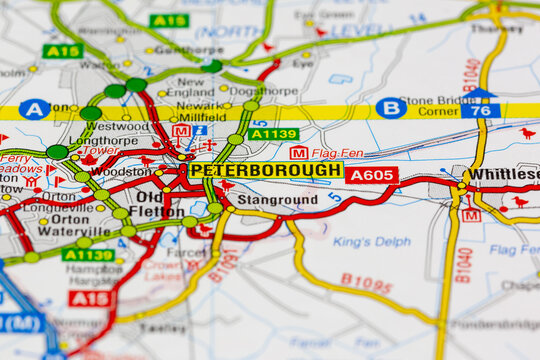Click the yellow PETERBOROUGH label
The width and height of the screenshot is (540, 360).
coord(265,171)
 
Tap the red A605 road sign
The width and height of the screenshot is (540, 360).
coord(372,175)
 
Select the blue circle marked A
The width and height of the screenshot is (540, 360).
coord(34,109)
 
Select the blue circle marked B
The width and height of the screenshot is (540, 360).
coord(391,108)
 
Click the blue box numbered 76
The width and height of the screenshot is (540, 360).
coord(480,110)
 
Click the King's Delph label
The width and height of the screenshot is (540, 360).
coord(371,241)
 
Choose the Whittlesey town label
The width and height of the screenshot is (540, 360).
coord(505,173)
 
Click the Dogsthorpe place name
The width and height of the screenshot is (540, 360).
coord(263,90)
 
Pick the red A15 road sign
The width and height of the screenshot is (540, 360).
coord(91,298)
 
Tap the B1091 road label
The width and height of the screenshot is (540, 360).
coord(224,264)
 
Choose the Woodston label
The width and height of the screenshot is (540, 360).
coord(120,171)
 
